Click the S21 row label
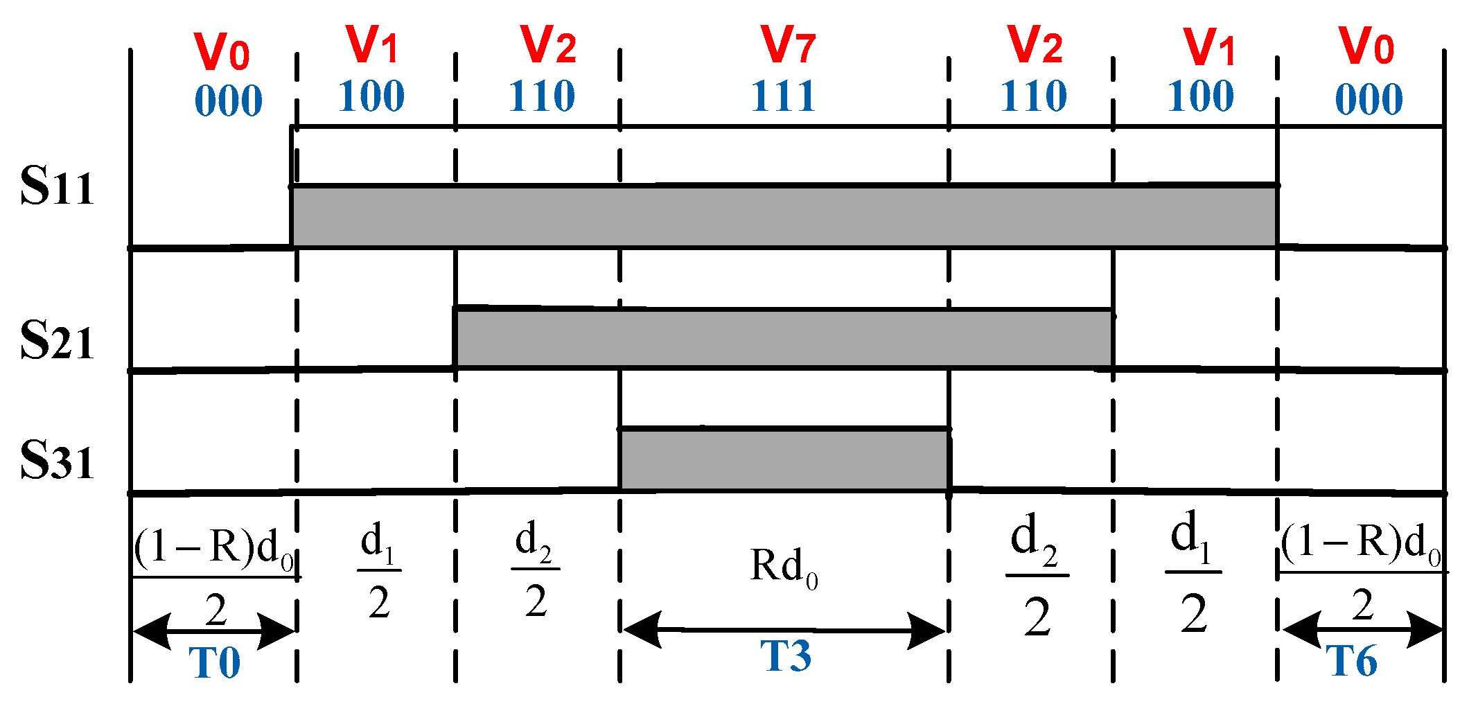coord(57,340)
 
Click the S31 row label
coord(57,461)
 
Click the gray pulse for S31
coord(784,460)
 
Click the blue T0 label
coord(215,662)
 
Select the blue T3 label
coord(786,655)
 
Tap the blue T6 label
coord(1351,661)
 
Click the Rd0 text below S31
coord(784,567)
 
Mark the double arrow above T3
coord(784,631)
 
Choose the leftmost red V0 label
coord(222,51)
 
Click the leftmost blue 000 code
coord(228,100)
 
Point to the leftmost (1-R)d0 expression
coord(215,547)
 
